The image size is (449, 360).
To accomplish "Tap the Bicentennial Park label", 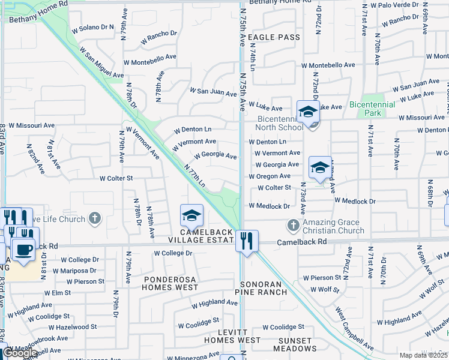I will [x=373, y=109].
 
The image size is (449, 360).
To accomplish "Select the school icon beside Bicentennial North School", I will [x=308, y=112].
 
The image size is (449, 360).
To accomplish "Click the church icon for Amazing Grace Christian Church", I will [x=293, y=226].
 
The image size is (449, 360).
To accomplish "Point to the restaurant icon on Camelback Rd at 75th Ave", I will [x=247, y=241].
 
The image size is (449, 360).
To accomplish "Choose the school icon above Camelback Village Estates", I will [x=191, y=215].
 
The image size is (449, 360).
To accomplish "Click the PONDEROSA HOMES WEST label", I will [x=170, y=283].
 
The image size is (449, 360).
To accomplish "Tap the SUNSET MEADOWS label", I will [x=292, y=344].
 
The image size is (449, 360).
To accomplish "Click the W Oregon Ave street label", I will [x=270, y=176].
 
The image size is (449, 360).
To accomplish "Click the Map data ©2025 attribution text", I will [x=422, y=355].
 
